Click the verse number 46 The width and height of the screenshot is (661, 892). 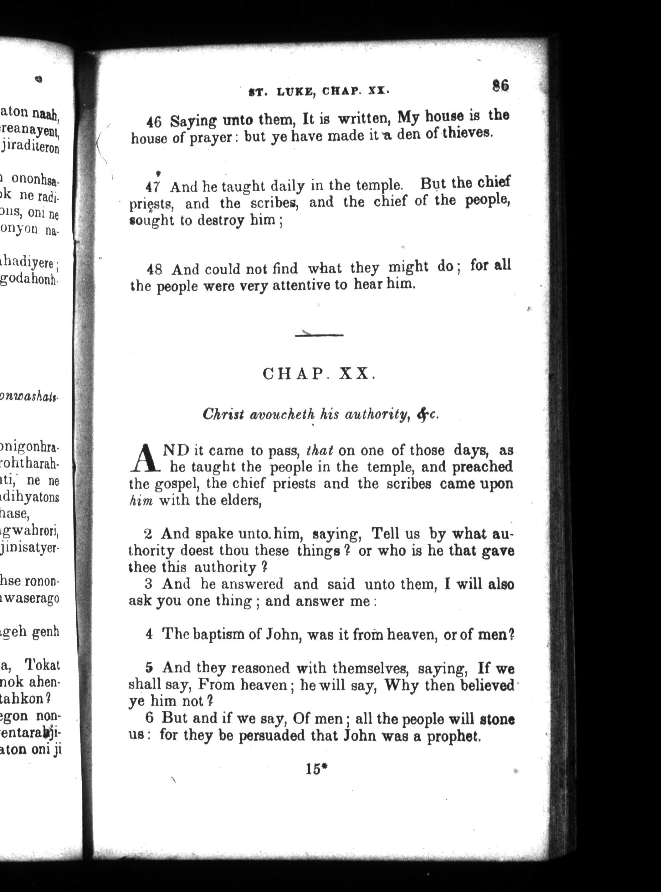(x=153, y=122)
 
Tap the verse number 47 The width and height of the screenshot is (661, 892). (x=152, y=187)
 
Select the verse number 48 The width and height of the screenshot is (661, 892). (x=154, y=269)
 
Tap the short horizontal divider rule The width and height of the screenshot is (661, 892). (x=319, y=335)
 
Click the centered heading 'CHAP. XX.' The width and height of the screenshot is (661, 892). (x=319, y=374)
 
